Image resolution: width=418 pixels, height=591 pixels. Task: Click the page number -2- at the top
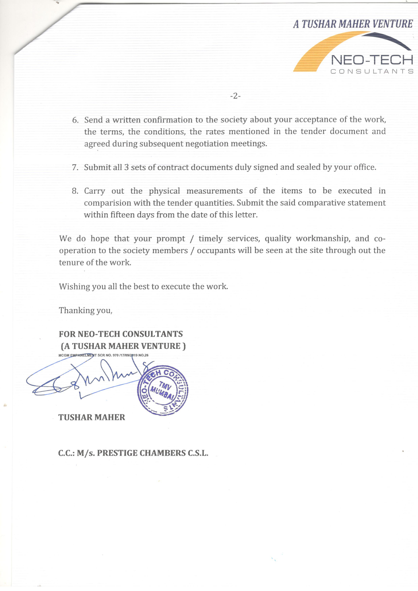[235, 96]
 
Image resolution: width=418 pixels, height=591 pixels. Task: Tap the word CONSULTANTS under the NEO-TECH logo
[372, 71]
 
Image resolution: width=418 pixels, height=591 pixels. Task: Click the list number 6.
[75, 120]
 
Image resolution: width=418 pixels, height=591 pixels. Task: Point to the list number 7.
[75, 168]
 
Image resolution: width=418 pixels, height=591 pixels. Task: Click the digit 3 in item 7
[126, 168]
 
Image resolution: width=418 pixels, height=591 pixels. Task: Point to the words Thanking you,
[86, 310]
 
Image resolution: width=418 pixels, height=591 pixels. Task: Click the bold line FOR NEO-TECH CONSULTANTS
[121, 334]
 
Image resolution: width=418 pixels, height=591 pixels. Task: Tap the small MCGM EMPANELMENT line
[103, 355]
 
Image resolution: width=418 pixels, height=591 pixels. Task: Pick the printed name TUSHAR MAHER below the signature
[92, 417]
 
